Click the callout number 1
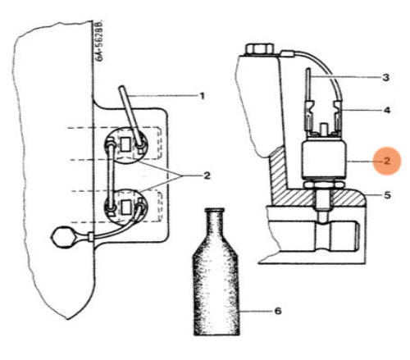tap(202, 96)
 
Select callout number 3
tap(385, 78)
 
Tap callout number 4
tap(387, 111)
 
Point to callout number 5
tap(387, 195)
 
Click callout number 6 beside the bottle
tap(278, 311)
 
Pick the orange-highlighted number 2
tap(387, 161)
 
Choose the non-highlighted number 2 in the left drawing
tap(207, 175)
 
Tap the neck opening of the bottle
tap(215, 210)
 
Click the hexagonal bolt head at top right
tap(258, 49)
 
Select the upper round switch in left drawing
tap(126, 145)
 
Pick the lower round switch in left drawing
tap(125, 207)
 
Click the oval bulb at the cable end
tap(63, 237)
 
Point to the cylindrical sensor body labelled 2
tap(324, 158)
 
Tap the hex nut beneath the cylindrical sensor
tap(324, 184)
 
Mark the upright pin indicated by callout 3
tap(308, 84)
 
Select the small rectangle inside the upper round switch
tap(125, 144)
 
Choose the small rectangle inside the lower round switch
tap(125, 207)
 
